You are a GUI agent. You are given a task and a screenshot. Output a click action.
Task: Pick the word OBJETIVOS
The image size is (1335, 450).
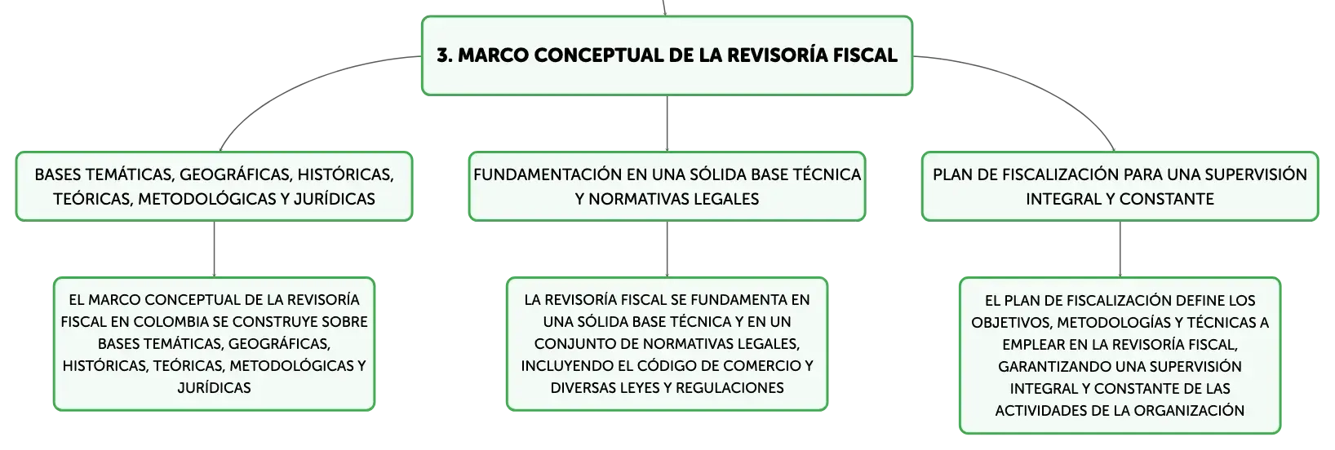1011,323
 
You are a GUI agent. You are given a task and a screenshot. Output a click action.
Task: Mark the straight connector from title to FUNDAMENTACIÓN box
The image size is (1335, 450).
667,123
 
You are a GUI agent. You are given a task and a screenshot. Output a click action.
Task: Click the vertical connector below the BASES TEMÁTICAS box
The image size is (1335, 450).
214,249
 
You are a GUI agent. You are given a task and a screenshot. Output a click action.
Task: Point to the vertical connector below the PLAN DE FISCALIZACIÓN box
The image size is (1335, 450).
1120,249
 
